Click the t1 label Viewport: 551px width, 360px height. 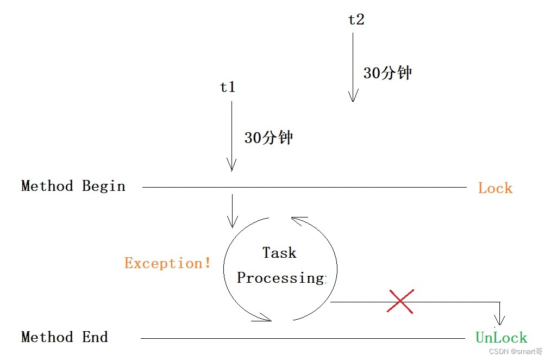(x=228, y=88)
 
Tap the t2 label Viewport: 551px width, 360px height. (x=356, y=20)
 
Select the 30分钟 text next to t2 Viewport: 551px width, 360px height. (x=387, y=73)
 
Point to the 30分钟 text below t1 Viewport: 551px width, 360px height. (x=268, y=138)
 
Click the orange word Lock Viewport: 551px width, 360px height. (x=495, y=189)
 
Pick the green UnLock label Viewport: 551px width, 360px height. (x=501, y=338)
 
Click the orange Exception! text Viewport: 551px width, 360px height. (x=167, y=264)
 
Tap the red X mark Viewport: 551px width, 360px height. (x=400, y=301)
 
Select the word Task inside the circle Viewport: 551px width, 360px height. (x=279, y=253)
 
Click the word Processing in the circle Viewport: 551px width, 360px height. (x=280, y=278)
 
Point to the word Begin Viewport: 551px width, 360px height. (x=104, y=186)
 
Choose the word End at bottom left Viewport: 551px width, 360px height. (x=95, y=337)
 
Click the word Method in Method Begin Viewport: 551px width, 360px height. (x=47, y=186)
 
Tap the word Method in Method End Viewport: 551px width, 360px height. (x=47, y=337)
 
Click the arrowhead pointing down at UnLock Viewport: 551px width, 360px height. (x=499, y=321)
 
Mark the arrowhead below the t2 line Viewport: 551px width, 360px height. (x=353, y=97)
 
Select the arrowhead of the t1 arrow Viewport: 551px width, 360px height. (x=232, y=165)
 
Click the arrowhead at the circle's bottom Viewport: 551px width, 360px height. (x=265, y=317)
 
